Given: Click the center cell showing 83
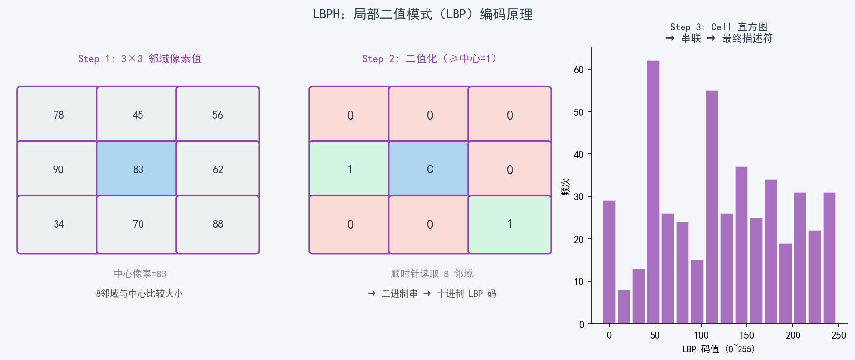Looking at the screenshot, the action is pos(138,169).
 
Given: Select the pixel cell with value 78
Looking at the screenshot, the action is pos(58,115).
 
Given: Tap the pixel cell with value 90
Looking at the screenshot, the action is pos(58,169).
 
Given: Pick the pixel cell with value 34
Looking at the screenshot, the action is pos(58,224).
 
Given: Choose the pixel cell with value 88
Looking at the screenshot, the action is pos(218,224).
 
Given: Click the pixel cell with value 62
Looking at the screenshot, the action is pos(218,169).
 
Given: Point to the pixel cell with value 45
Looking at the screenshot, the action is pos(138,115).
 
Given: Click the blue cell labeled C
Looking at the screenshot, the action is pos(429,169).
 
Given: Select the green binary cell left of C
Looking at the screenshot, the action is pos(350,169).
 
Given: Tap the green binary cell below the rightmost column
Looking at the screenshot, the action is pos(509,224).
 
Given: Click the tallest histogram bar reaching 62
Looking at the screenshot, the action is pos(653,192).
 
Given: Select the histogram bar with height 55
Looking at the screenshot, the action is pos(712,206).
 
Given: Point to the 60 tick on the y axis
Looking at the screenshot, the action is pos(579,70).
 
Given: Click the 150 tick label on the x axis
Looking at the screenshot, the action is pos(746,335).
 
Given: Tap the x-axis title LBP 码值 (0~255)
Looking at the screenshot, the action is pos(718,349).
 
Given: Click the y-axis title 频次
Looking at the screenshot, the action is pos(566,187).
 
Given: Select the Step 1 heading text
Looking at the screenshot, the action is pos(140,59).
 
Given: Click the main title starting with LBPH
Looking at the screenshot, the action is pos(423,14).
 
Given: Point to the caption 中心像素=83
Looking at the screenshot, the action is pos(140,274).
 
